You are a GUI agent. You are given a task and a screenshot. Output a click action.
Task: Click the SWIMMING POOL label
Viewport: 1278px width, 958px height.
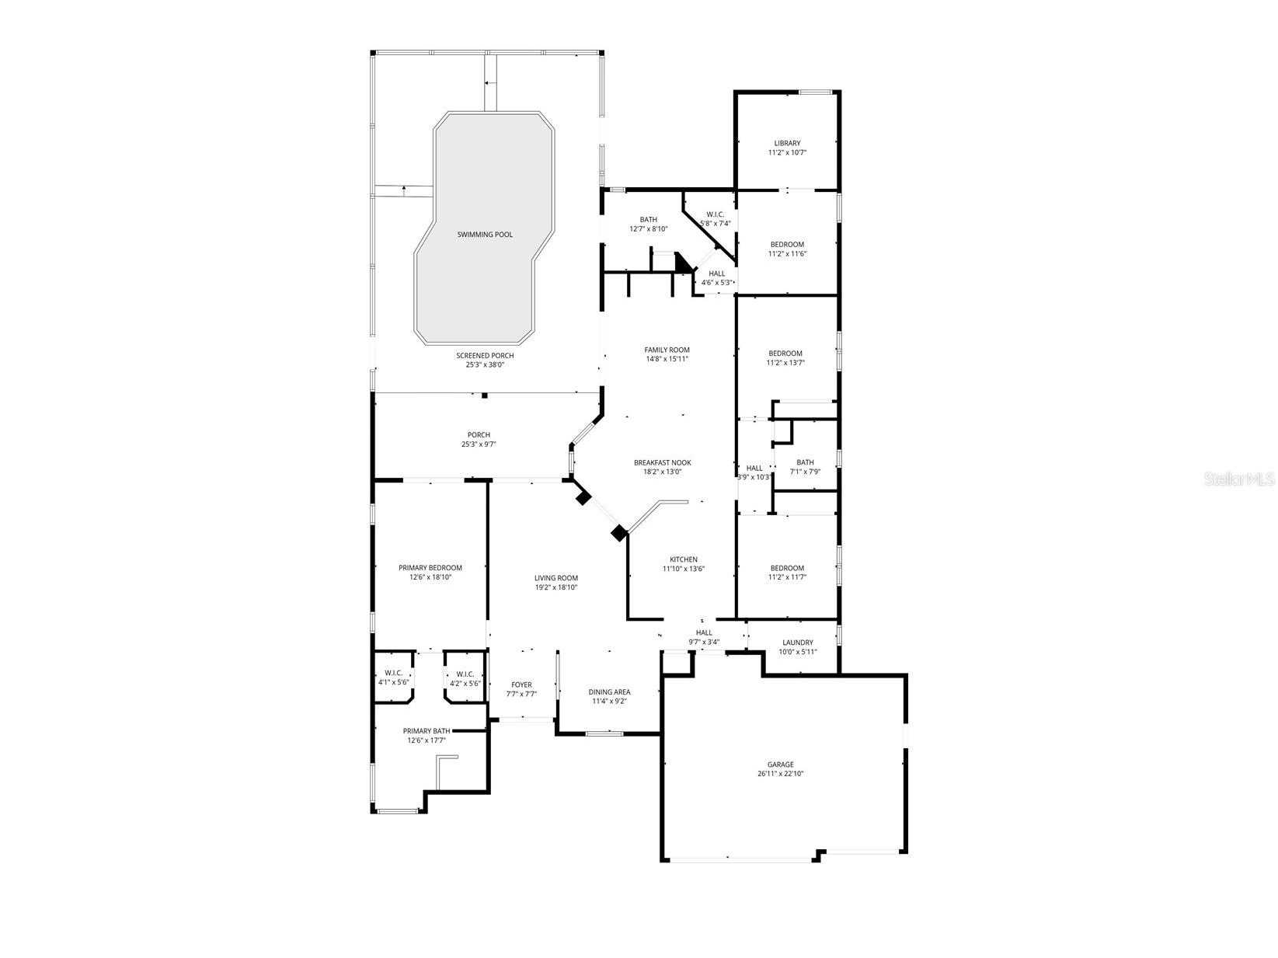tap(485, 235)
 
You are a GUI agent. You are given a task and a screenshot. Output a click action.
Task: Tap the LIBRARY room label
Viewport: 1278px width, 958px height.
tap(787, 143)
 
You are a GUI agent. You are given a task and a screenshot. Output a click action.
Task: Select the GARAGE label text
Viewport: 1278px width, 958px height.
tap(781, 765)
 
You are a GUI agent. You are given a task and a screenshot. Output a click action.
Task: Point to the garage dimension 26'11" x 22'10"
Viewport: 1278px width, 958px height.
tap(781, 774)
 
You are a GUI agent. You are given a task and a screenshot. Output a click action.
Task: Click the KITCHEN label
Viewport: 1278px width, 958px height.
tap(684, 559)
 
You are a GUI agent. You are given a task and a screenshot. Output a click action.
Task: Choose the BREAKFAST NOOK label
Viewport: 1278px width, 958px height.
tap(662, 462)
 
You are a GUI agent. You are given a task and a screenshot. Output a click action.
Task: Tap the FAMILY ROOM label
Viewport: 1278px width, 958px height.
tap(667, 350)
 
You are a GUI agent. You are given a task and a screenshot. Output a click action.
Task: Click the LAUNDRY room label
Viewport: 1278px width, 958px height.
tap(798, 643)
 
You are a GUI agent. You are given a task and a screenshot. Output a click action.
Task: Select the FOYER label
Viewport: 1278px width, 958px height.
tap(522, 685)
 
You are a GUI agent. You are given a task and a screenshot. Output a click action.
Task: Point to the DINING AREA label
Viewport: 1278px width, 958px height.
tap(610, 692)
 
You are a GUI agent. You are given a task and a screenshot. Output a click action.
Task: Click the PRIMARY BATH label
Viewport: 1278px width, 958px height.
tap(427, 731)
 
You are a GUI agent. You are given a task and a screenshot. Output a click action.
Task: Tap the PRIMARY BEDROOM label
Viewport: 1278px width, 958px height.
tap(430, 568)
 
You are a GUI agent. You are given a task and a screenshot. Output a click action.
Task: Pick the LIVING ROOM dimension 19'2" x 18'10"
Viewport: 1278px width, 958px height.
tap(556, 587)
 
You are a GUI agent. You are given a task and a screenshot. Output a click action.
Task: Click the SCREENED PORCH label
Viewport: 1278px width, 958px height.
tap(485, 356)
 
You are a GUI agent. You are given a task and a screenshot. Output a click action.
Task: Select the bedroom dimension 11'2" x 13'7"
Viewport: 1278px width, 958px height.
tap(785, 363)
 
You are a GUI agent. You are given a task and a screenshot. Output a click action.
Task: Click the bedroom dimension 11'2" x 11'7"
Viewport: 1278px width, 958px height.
tap(787, 577)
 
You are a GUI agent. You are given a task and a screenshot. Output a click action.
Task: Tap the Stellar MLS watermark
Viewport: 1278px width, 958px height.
tap(1239, 479)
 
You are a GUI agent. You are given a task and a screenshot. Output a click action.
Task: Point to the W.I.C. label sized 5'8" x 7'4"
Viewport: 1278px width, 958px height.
tap(716, 224)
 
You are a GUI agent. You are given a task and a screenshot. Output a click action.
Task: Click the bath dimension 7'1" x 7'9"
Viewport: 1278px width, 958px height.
tap(805, 472)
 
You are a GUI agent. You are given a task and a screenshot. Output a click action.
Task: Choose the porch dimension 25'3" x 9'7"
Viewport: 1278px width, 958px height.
tap(479, 444)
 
